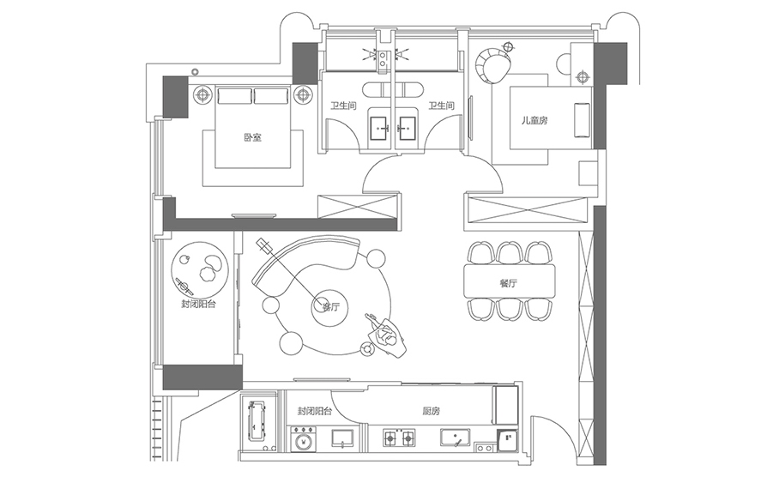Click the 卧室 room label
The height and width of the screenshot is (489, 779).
[251, 137]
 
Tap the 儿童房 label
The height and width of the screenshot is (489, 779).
[534, 121]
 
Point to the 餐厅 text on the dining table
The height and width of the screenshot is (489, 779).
[508, 282]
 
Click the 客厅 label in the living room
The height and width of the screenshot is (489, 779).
[330, 306]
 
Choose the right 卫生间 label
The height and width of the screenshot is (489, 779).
[440, 106]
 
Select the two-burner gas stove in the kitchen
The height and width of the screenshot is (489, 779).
[398, 439]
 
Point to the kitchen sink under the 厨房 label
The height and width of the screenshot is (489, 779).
[454, 438]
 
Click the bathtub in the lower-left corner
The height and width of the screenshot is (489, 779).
[257, 420]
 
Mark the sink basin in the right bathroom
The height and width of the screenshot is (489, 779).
[408, 127]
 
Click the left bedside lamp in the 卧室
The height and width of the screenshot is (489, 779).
[203, 94]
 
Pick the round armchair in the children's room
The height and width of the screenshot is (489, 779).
[492, 65]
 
